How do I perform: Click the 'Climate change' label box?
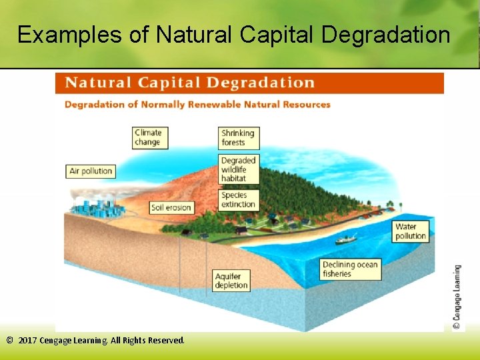point(150,137)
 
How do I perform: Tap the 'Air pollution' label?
point(91,171)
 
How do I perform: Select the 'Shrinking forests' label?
point(239,137)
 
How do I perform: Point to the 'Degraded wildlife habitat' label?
point(239,169)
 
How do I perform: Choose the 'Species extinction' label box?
point(239,199)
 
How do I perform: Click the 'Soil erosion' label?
point(171,207)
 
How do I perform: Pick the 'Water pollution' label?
point(410,231)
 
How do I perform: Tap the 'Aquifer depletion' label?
point(232,281)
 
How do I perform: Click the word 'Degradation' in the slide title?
point(389,35)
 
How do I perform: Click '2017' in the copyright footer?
point(29,340)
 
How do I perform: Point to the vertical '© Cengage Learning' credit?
point(457,297)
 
